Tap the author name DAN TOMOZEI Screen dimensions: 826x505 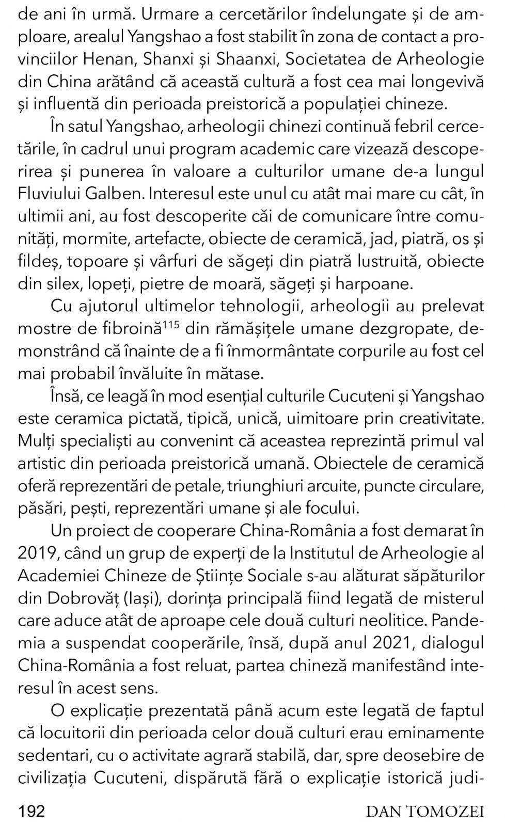tap(425, 812)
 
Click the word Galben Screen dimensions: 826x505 tap(115, 194)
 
